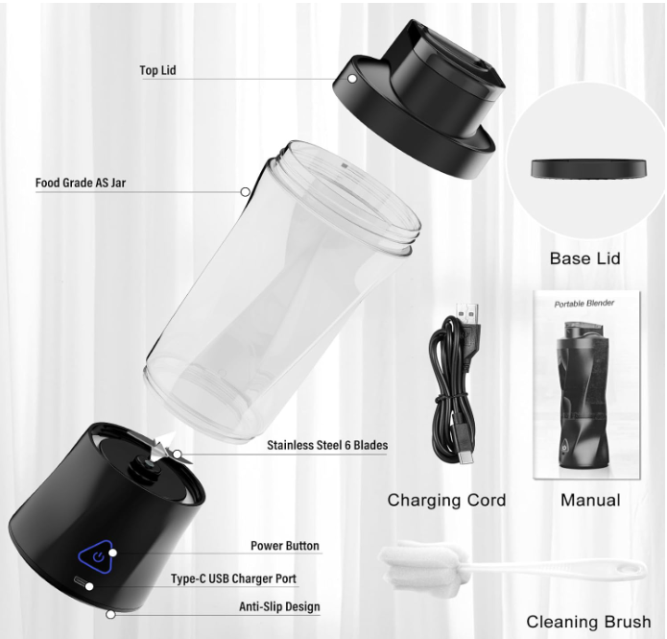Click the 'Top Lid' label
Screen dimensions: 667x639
pyautogui.click(x=157, y=70)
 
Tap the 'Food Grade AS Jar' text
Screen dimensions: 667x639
pyautogui.click(x=81, y=183)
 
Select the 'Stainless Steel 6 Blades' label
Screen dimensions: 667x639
pyautogui.click(x=327, y=445)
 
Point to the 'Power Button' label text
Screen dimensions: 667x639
pyautogui.click(x=285, y=546)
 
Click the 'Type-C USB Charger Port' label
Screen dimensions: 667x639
pyautogui.click(x=233, y=578)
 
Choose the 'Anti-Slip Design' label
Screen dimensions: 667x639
pyautogui.click(x=279, y=606)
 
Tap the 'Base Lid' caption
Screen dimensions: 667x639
pyautogui.click(x=584, y=258)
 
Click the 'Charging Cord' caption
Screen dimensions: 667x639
pyautogui.click(x=446, y=500)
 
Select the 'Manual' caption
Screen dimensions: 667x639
pyautogui.click(x=590, y=500)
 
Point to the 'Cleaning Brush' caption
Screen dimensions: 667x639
pyautogui.click(x=588, y=622)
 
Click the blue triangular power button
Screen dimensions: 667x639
pyautogui.click(x=98, y=556)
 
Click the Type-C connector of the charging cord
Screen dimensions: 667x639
pyautogui.click(x=465, y=458)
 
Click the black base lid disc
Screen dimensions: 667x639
pyautogui.click(x=588, y=169)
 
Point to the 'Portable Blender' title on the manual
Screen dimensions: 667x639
pyautogui.click(x=584, y=304)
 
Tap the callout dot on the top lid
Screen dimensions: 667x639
pyautogui.click(x=352, y=79)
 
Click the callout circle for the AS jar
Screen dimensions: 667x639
pyautogui.click(x=245, y=192)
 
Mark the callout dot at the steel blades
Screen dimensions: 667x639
pyautogui.click(x=178, y=455)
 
